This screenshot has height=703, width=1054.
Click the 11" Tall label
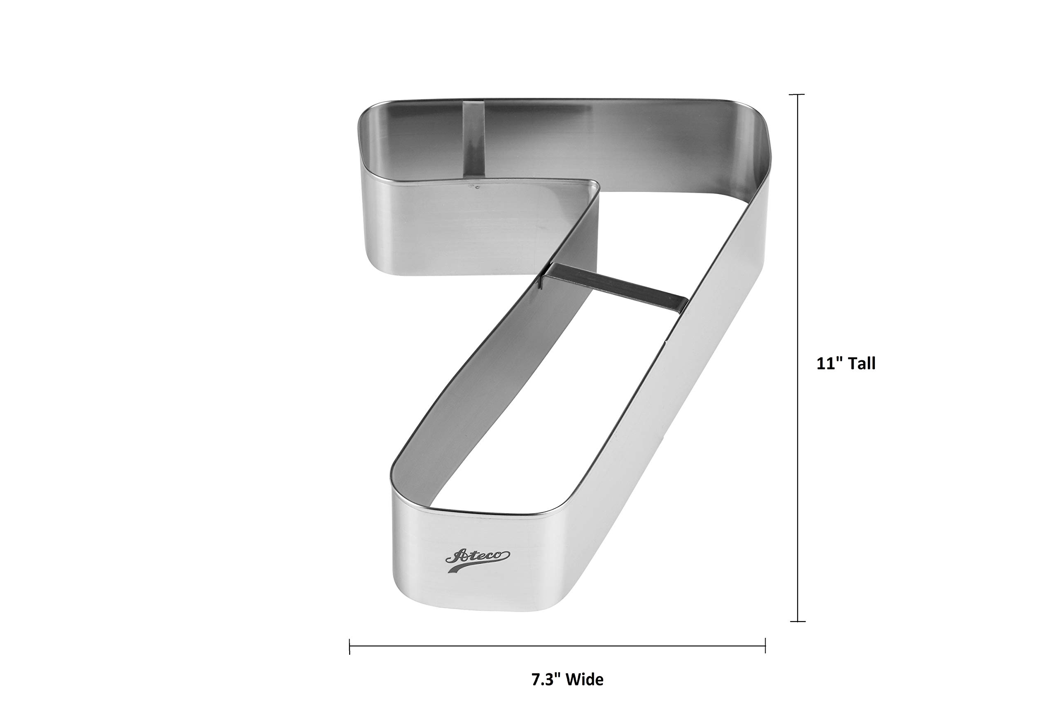846,364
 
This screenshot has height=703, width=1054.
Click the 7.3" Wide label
567,680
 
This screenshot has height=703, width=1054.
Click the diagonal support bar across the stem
614,287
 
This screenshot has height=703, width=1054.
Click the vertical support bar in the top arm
473,138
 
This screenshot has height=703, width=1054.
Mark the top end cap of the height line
797,95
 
